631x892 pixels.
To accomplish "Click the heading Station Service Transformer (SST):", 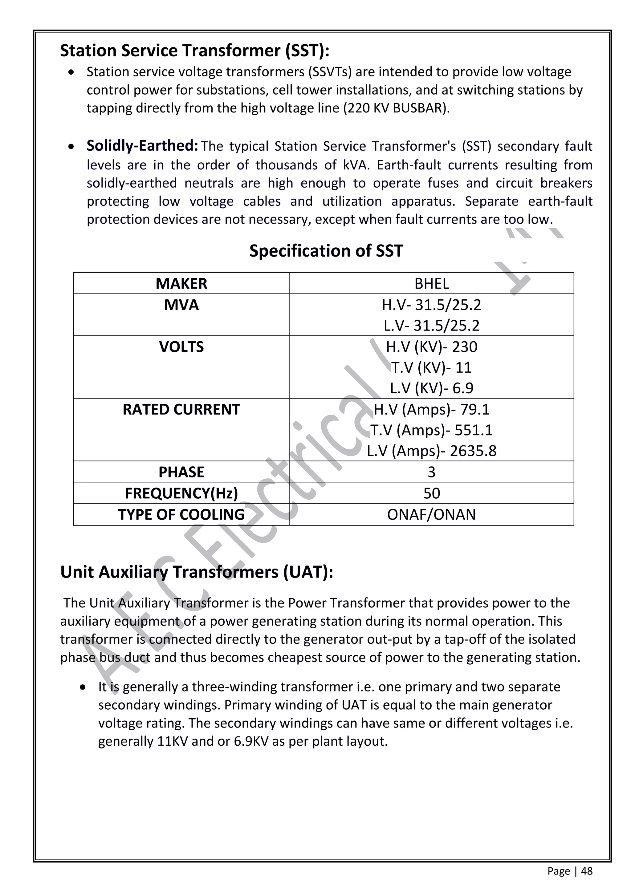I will click(x=195, y=51).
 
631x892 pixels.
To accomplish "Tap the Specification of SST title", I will click(x=326, y=251).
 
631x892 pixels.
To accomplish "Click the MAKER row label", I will click(x=181, y=284).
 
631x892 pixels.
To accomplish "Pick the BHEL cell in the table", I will click(x=431, y=284).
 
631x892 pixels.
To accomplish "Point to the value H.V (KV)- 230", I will click(x=431, y=347).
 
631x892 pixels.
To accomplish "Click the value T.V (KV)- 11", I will click(x=431, y=367).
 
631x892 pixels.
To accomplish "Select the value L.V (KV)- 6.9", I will click(x=431, y=388).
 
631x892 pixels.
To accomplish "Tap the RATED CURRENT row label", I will click(x=181, y=409).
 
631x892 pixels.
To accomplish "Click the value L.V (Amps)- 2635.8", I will click(x=431, y=451).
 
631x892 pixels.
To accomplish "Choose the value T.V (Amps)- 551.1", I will click(x=431, y=430).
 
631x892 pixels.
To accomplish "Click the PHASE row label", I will click(x=181, y=472).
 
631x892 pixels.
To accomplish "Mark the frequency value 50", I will click(x=431, y=493).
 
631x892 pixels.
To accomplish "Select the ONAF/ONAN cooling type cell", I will click(x=431, y=515).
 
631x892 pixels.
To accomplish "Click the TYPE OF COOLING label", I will click(x=181, y=515).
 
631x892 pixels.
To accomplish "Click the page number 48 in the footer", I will click(x=587, y=871).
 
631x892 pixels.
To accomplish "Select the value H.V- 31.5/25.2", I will click(x=431, y=305).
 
